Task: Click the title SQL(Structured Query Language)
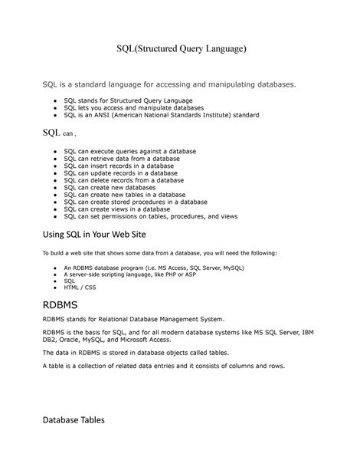(181, 49)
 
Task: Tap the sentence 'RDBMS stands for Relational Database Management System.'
(133, 318)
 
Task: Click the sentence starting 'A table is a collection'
(163, 366)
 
